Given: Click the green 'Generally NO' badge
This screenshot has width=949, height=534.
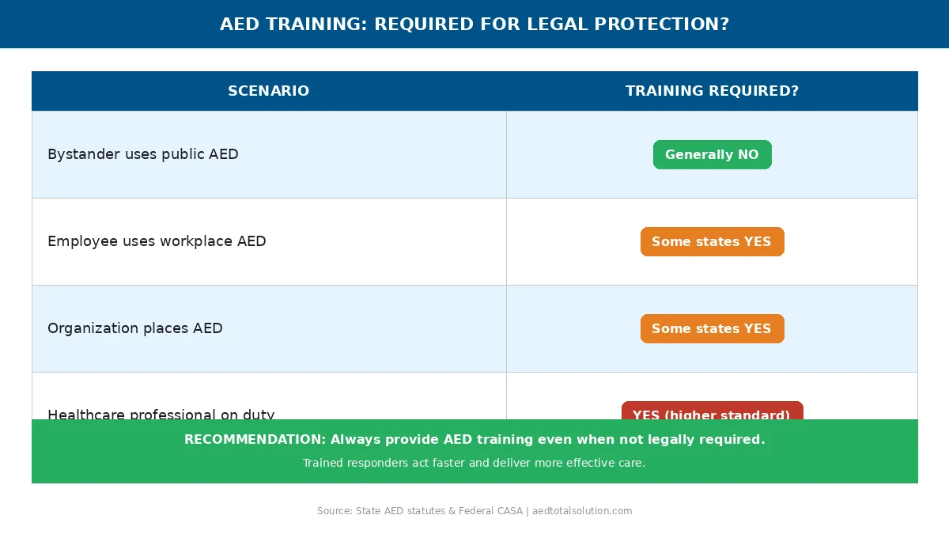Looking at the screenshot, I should [712, 154].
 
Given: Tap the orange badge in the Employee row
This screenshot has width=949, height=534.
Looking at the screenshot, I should [712, 241].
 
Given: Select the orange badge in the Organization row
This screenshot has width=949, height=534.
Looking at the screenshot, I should [712, 328].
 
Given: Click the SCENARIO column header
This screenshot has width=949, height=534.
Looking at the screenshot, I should [268, 91].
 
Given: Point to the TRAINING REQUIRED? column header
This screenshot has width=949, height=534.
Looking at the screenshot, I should [712, 91].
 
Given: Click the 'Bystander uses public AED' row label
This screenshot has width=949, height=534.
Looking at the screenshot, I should [142, 154].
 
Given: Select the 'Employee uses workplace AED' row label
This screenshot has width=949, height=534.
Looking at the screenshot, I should [157, 241].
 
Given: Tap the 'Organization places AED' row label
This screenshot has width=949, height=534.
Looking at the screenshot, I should [134, 328].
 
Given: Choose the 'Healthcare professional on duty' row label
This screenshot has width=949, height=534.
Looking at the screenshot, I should [161, 414].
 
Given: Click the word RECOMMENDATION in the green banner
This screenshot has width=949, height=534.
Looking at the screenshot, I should [254, 439].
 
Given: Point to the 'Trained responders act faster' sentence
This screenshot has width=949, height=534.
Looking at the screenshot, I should [474, 463].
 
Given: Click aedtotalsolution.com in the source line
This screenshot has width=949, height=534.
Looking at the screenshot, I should [582, 511].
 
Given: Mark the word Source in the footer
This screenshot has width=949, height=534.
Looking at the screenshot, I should [333, 511].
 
